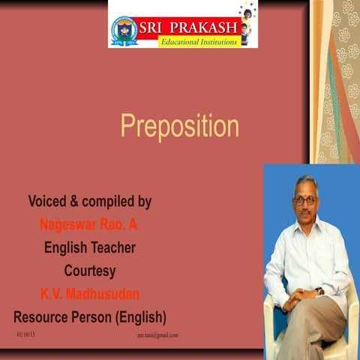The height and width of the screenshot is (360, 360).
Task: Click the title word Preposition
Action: click(180, 126)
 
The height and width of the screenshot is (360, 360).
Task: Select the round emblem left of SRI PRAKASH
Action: click(124, 31)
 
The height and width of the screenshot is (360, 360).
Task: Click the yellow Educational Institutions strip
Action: click(199, 42)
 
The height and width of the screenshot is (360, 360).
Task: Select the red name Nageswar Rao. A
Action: click(88, 224)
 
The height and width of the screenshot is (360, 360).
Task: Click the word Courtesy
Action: click(90, 269)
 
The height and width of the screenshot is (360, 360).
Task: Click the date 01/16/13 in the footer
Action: click(25, 334)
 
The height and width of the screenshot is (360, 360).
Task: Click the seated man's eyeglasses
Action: click(305, 199)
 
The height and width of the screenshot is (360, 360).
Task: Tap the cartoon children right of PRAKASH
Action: click(248, 22)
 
